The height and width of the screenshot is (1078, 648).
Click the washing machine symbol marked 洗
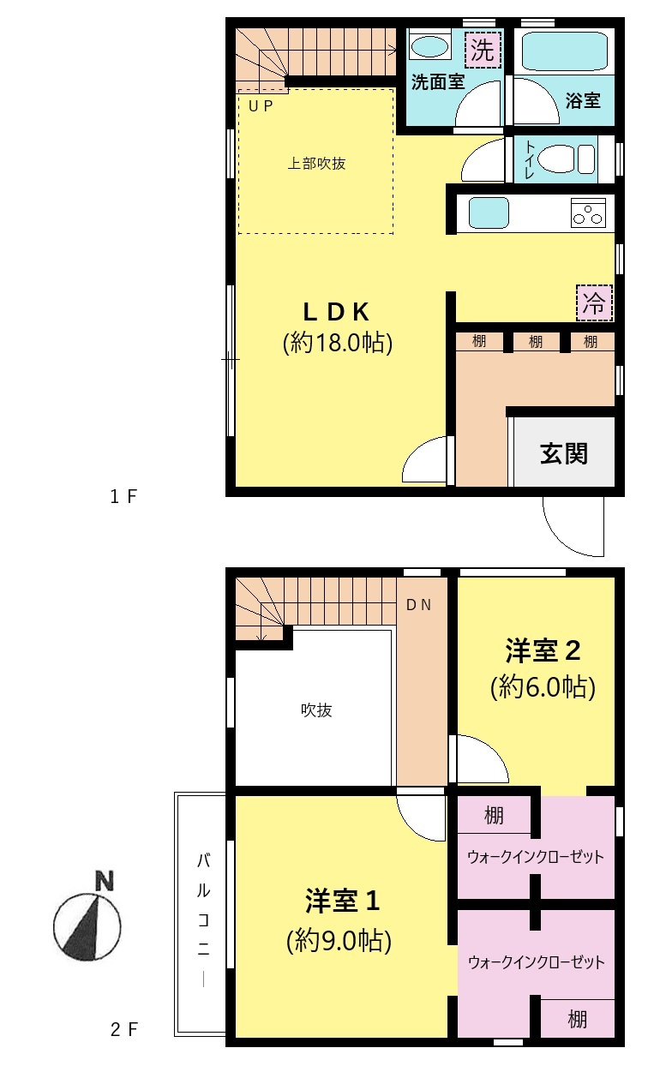pyautogui.click(x=483, y=50)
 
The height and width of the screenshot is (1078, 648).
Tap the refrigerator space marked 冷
pyautogui.click(x=594, y=302)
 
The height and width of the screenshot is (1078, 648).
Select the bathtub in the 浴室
pyautogui.click(x=564, y=52)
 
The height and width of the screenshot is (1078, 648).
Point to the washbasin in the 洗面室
pyautogui.click(x=431, y=46)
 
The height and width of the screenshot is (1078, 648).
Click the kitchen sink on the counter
pyautogui.click(x=489, y=213)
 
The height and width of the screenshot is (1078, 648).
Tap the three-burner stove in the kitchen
pyautogui.click(x=588, y=213)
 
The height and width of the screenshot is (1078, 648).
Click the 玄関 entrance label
pyautogui.click(x=563, y=453)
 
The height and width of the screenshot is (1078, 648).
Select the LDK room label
pyautogui.click(x=336, y=312)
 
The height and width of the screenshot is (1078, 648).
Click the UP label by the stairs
pyautogui.click(x=261, y=106)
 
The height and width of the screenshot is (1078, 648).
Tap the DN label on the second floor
pyautogui.click(x=418, y=605)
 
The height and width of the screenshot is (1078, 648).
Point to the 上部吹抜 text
pyautogui.click(x=316, y=164)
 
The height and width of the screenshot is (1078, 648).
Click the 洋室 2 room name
pyautogui.click(x=543, y=650)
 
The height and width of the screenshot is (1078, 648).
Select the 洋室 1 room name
pyautogui.click(x=342, y=901)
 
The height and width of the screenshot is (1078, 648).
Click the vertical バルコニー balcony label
pyautogui.click(x=203, y=919)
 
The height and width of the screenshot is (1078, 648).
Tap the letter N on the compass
pyautogui.click(x=105, y=881)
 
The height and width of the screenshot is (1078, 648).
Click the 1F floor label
pyautogui.click(x=123, y=497)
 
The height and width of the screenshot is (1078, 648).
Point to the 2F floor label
pyautogui.click(x=124, y=1030)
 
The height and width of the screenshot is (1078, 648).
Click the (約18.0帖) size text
pyautogui.click(x=338, y=343)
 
